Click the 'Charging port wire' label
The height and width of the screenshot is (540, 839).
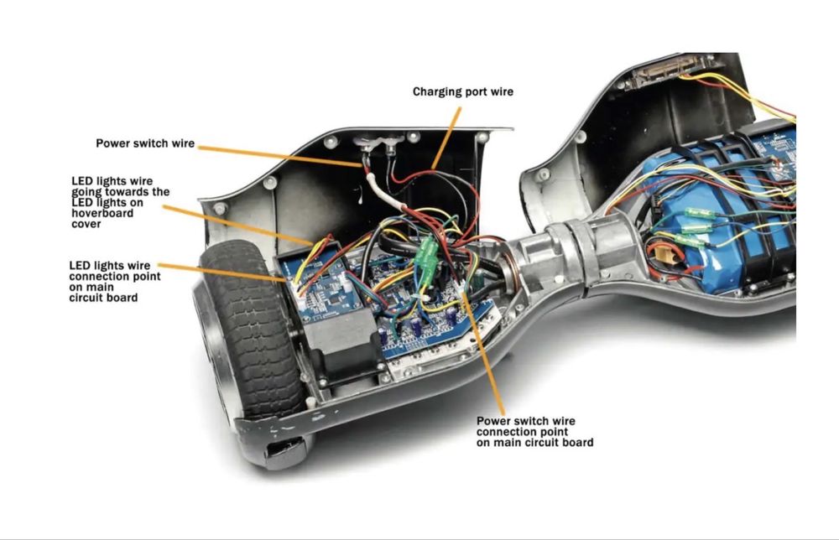point(462,91)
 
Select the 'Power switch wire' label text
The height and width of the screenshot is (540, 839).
point(145,143)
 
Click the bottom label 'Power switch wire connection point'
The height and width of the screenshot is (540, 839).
point(534,432)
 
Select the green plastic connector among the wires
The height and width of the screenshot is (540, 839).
point(428,252)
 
